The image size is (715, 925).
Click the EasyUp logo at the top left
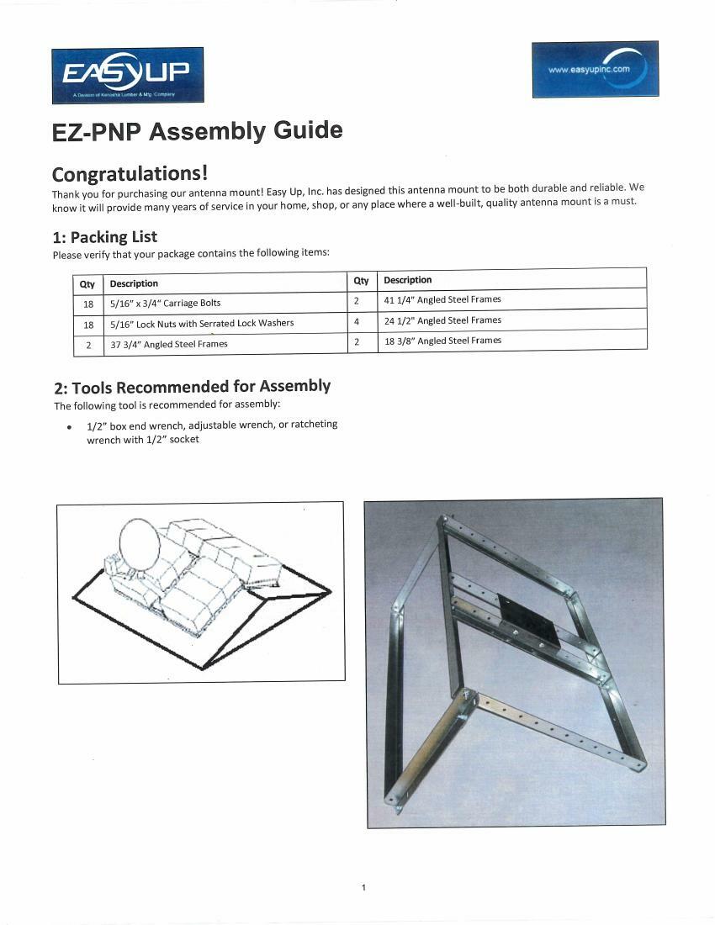(127, 75)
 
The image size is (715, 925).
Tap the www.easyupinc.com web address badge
(595, 69)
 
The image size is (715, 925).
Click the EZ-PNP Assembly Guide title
(197, 132)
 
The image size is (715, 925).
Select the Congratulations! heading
(130, 173)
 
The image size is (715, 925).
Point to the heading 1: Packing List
(104, 236)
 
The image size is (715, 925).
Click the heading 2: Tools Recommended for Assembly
(192, 387)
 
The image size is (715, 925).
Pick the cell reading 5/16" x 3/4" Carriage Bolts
(166, 303)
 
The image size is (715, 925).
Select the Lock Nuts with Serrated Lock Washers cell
(202, 323)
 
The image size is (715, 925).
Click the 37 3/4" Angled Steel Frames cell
(169, 343)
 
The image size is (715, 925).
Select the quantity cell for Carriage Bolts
(88, 304)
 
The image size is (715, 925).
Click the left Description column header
(134, 283)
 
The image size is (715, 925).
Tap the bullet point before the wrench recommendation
(69, 427)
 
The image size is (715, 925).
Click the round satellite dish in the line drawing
(140, 546)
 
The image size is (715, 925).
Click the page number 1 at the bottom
(363, 887)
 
